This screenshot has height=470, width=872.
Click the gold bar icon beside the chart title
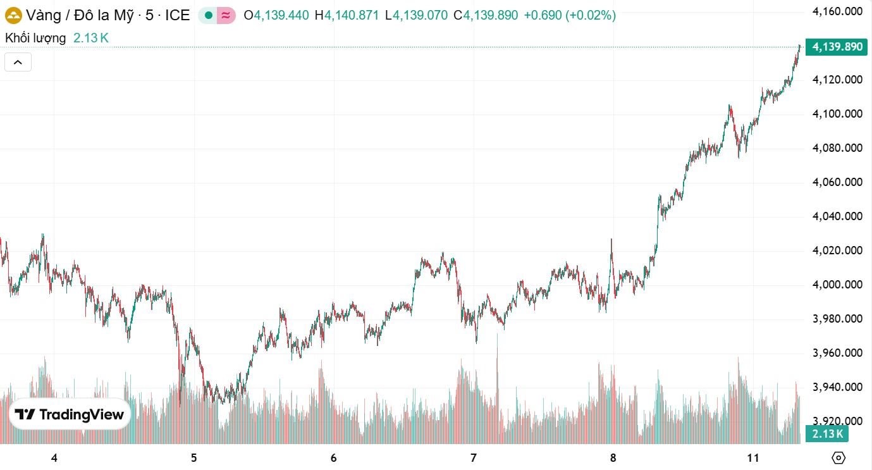(13, 15)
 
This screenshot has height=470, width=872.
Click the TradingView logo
(70, 414)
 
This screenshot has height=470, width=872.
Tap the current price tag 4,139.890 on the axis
(837, 47)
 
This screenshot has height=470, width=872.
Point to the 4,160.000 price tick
(837, 11)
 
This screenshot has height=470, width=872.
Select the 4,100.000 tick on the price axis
(837, 114)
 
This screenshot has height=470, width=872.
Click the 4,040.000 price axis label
(837, 216)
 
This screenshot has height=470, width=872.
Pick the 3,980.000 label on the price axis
(837, 319)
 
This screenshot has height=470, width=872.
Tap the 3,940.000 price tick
(837, 387)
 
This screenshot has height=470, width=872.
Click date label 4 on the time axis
(54, 458)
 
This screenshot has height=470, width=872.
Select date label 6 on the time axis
(333, 458)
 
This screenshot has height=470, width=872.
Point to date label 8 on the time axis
(613, 458)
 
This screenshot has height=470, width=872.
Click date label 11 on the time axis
(752, 458)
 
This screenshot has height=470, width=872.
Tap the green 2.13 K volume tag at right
(827, 434)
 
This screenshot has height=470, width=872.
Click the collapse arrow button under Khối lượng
(18, 62)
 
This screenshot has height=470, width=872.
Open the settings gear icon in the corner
(838, 458)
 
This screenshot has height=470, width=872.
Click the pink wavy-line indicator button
(226, 16)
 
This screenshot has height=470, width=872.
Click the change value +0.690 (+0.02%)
(570, 16)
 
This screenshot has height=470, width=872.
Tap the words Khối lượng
(35, 38)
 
